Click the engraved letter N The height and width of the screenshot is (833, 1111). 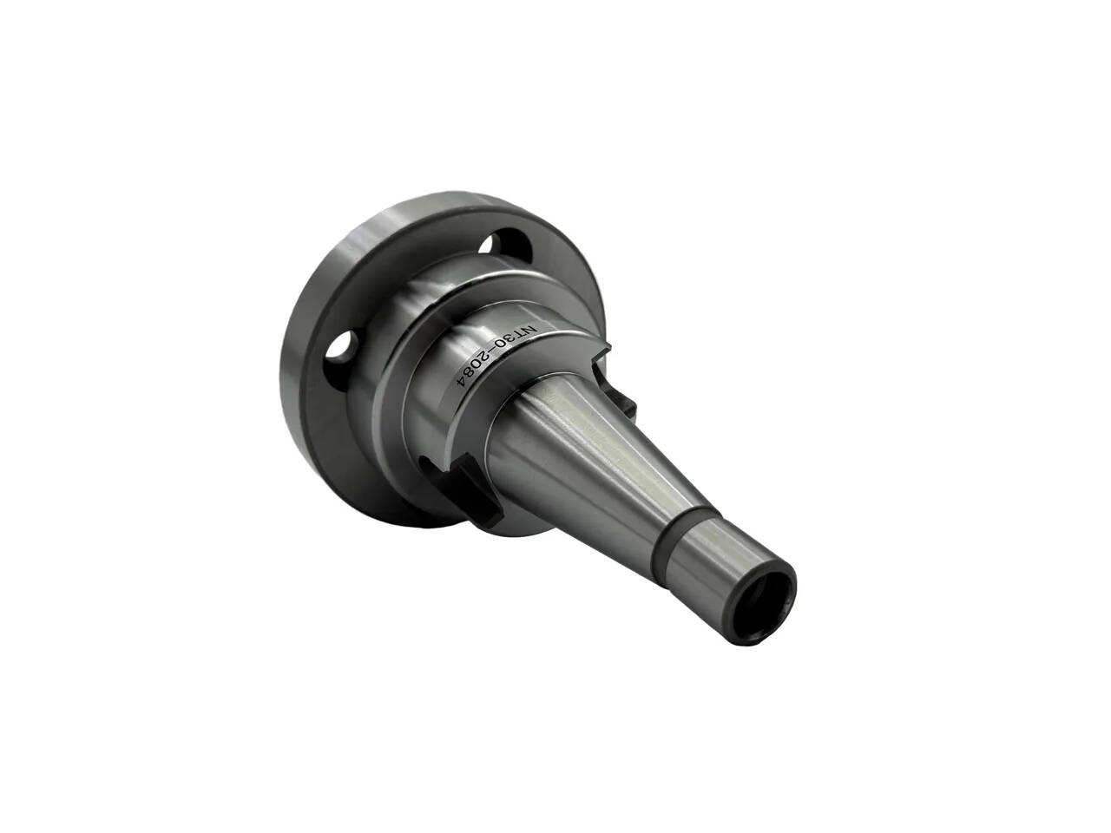[x=529, y=331]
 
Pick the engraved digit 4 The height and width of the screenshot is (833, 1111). [x=462, y=392]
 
